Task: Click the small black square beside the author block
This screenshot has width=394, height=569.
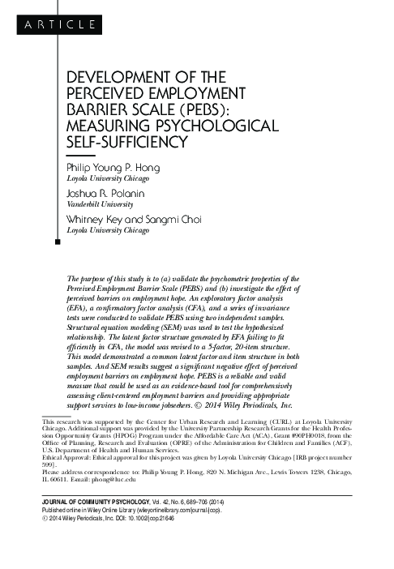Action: click(x=56, y=242)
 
